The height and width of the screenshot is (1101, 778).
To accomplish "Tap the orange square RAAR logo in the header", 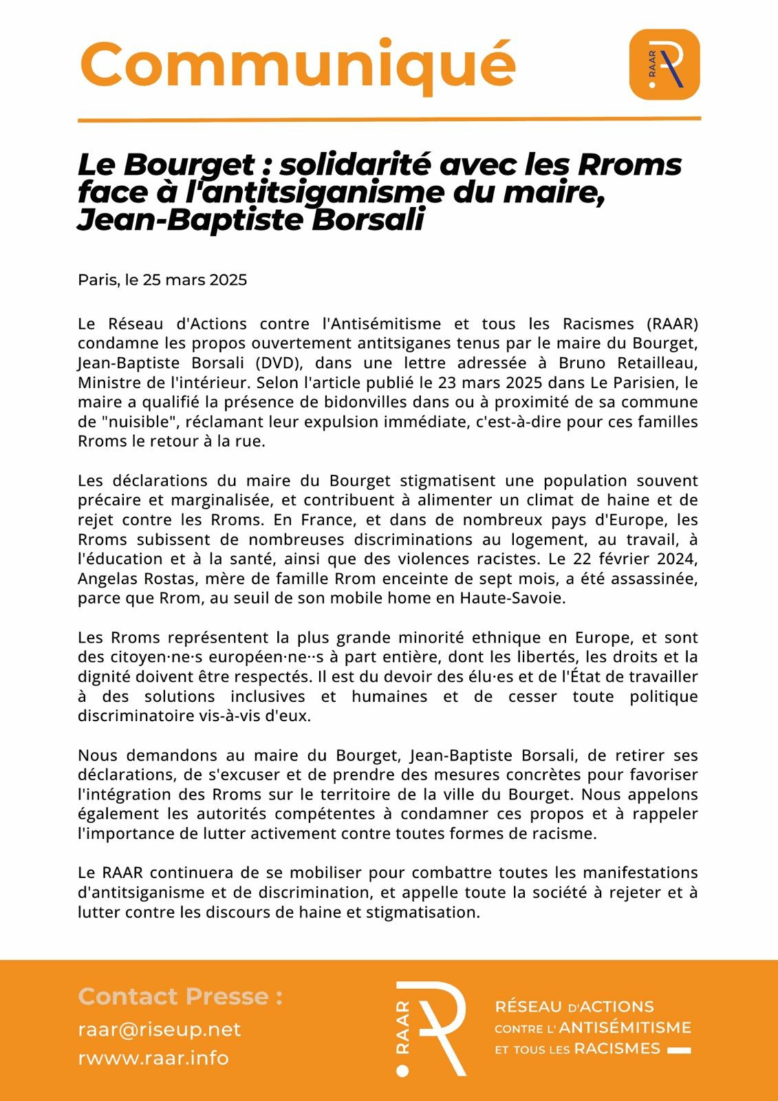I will [664, 65].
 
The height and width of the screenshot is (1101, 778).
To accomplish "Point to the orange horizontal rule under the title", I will [389, 119].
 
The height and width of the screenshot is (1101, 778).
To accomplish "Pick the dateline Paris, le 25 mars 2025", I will [162, 280].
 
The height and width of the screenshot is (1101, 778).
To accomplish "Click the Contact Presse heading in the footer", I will [180, 996].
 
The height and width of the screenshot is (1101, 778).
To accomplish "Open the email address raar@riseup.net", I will [160, 1029].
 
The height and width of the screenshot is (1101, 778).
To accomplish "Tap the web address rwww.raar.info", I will [153, 1058].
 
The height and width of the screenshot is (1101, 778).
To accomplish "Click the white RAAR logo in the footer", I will [431, 1029].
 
